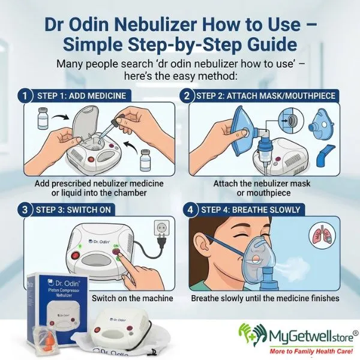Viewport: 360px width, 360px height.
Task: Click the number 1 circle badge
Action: [x=25, y=95]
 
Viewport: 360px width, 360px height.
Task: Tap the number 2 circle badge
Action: [x=187, y=95]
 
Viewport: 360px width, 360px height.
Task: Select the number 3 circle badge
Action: [x=25, y=211]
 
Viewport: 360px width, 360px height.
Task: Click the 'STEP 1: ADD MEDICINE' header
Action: [x=75, y=95]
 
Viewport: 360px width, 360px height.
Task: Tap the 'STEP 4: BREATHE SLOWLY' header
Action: [x=252, y=211]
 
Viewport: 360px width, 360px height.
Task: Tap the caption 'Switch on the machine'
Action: [x=132, y=298]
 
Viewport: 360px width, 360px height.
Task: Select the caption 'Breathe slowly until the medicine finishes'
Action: [x=265, y=298]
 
